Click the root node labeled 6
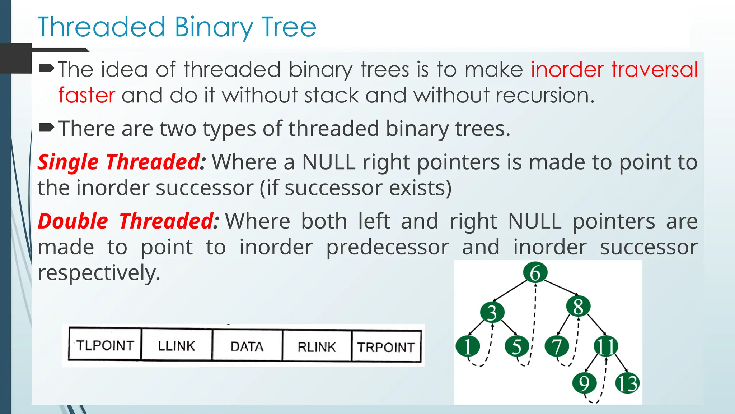[535, 273]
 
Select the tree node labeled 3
[492, 312]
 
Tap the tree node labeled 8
[578, 307]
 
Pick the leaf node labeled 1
[467, 346]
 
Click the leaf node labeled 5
[516, 346]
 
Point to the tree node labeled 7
[557, 346]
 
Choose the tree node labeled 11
[606, 346]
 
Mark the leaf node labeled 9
[584, 383]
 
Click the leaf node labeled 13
[627, 383]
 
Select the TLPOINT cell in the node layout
[105, 345]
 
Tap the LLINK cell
[176, 346]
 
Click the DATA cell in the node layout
[247, 346]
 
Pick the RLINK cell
[317, 347]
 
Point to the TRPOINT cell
[386, 347]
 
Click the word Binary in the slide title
[214, 28]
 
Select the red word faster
[86, 96]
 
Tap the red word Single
[68, 162]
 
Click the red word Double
[73, 221]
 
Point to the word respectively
[99, 273]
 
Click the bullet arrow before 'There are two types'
[46, 127]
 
